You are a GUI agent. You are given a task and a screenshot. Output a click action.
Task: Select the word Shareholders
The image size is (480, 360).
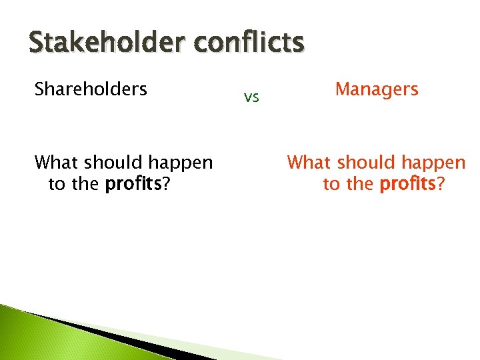pyautogui.click(x=91, y=89)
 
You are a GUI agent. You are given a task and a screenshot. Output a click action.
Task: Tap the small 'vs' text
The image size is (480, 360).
pyautogui.click(x=251, y=98)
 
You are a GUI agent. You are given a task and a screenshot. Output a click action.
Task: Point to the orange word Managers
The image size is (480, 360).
pyautogui.click(x=377, y=89)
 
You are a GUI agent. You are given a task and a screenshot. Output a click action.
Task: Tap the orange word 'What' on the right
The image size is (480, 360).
pyautogui.click(x=310, y=163)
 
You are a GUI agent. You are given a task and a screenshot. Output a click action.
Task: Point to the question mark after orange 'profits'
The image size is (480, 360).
pyautogui.click(x=440, y=184)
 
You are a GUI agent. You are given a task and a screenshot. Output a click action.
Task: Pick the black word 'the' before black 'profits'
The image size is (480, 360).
pyautogui.click(x=85, y=185)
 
